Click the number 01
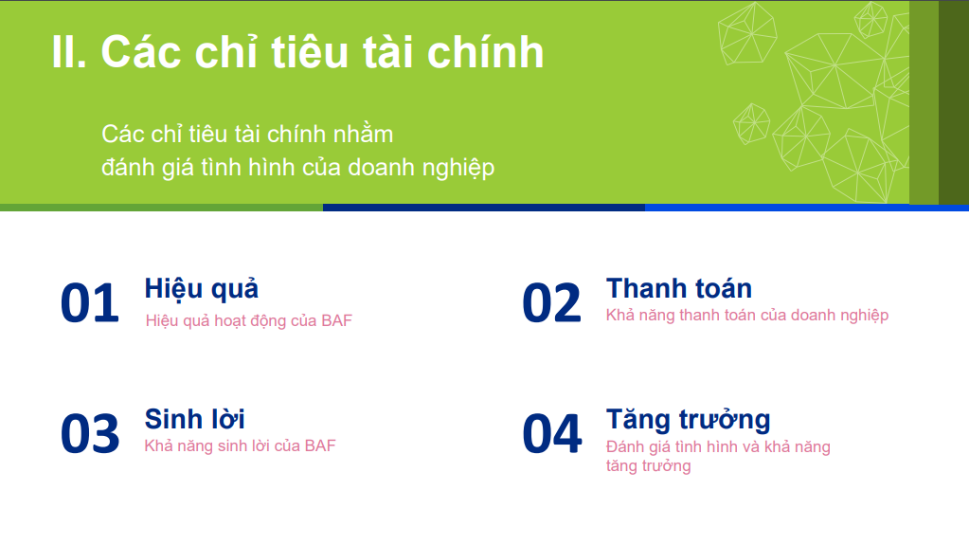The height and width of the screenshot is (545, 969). [90, 303]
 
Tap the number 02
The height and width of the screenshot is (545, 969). [552, 303]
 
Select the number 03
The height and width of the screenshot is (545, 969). [90, 434]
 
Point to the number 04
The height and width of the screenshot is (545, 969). [552, 434]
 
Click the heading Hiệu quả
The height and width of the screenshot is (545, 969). [202, 289]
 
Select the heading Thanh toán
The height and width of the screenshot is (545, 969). [679, 289]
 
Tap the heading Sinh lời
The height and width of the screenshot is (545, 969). [195, 419]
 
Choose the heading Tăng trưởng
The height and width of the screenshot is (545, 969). [689, 420]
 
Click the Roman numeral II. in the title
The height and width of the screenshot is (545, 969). [69, 52]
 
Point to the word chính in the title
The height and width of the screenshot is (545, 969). [485, 52]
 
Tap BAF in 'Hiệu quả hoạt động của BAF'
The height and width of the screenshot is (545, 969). [336, 320]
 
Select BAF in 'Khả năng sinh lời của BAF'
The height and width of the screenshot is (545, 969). [320, 445]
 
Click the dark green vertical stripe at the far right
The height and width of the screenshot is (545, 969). [954, 102]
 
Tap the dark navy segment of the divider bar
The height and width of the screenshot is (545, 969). [484, 208]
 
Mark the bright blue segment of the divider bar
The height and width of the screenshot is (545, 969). [807, 208]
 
